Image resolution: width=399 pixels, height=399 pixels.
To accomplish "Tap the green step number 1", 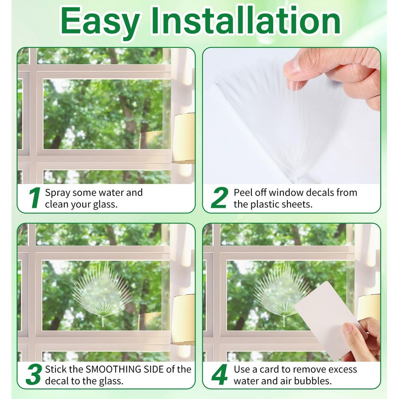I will [x=34, y=199].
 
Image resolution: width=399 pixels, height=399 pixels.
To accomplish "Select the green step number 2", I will [x=219, y=199].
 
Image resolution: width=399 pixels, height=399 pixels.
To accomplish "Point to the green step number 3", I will [x=33, y=375].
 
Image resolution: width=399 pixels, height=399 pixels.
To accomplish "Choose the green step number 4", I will [x=219, y=375].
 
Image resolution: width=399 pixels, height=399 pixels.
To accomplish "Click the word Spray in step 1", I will [x=57, y=193].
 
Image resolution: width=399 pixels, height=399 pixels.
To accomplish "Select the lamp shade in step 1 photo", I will [x=184, y=137].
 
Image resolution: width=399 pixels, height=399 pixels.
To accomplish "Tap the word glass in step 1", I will [x=105, y=204].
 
